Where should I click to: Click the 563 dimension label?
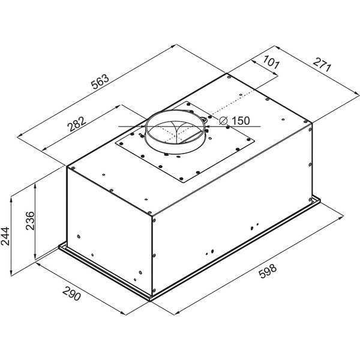point(100,82)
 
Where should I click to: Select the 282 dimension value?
point(76,124)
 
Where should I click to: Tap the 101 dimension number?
point(271,62)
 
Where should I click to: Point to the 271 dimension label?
point(323,65)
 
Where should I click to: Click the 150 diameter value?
point(241,121)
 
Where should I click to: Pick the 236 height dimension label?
point(30,221)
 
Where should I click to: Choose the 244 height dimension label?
point(5,236)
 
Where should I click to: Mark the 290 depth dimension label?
point(71,293)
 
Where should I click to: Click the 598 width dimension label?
point(268,271)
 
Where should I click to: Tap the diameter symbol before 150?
point(223,121)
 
